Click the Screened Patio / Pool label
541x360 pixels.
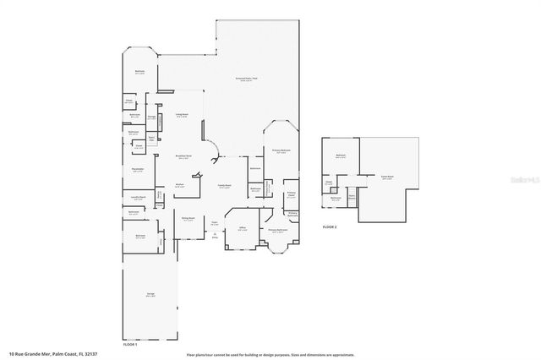pyautogui.click(x=247, y=80)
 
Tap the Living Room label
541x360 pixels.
pyautogui.click(x=181, y=115)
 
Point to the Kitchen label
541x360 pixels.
pyautogui.click(x=179, y=185)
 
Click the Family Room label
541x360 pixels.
pyautogui.click(x=225, y=186)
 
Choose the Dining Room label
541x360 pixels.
pyautogui.click(x=188, y=219)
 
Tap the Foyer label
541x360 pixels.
pyautogui.click(x=215, y=223)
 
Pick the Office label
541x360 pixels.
pyautogui.click(x=241, y=229)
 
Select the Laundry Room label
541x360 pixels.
pyautogui.click(x=137, y=197)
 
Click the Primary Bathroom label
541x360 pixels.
pyautogui.click(x=281, y=230)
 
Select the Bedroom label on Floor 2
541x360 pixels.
pyautogui.click(x=341, y=156)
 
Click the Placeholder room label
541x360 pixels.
pyautogui.click(x=138, y=170)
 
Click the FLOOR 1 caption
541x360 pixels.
pyautogui.click(x=130, y=346)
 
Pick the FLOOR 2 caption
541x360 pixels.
pyautogui.click(x=330, y=227)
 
